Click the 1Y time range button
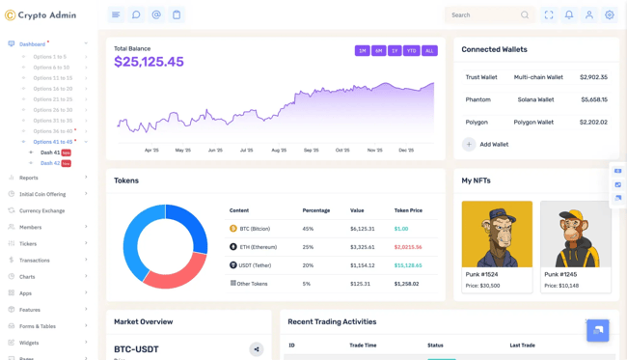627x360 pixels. (x=395, y=50)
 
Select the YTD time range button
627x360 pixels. (x=411, y=50)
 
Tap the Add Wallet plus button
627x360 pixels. (x=469, y=144)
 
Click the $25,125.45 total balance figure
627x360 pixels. (x=149, y=62)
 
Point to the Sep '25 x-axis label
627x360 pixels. (x=311, y=150)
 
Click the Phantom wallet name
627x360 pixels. (x=477, y=99)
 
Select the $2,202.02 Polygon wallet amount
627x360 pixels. (x=593, y=123)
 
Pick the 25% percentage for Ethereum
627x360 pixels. (x=308, y=247)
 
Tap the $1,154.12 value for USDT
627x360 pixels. (x=362, y=265)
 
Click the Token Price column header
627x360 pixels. (x=408, y=210)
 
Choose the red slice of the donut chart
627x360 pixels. (x=174, y=272)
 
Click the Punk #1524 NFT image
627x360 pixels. (x=497, y=234)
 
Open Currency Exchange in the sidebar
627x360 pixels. (x=41, y=210)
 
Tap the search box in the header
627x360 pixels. (x=482, y=15)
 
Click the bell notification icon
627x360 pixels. (x=569, y=15)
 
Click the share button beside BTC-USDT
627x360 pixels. (x=257, y=349)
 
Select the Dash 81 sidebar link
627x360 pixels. (x=50, y=152)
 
